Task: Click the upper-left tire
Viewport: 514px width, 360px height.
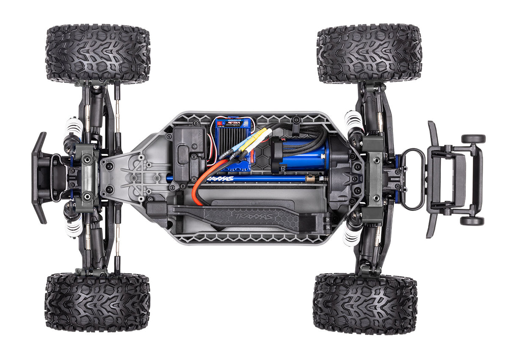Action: tap(97, 54)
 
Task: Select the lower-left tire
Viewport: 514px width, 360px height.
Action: tap(97, 302)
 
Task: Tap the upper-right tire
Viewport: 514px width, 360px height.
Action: tap(369, 53)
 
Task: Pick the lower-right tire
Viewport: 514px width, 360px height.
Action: tap(365, 304)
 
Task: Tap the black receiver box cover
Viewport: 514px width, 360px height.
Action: tap(189, 151)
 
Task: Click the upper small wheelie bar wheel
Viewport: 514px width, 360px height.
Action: tap(473, 139)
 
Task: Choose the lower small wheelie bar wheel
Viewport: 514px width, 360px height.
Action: tap(472, 221)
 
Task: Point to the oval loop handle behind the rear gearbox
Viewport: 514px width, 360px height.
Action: tap(412, 179)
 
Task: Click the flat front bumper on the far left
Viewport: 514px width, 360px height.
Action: tap(39, 178)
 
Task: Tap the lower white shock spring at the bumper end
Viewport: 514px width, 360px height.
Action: tap(75, 228)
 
